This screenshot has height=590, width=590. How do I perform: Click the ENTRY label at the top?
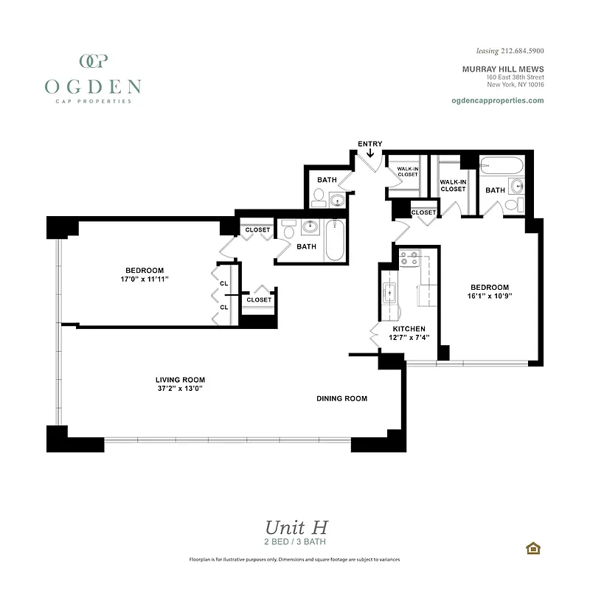369,143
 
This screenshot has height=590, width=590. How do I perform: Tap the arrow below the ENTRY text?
369,154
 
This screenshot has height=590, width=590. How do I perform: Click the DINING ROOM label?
341,398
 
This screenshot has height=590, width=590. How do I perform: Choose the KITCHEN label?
409,328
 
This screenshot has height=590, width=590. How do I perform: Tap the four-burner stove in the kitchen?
409,259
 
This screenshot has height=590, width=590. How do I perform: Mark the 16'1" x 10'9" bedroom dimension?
490,296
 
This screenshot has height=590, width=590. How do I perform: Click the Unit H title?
296,527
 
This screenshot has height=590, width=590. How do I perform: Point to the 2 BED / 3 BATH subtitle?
296,541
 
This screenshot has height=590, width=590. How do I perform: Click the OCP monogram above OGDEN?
94,62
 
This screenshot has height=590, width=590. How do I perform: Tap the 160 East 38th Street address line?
515,77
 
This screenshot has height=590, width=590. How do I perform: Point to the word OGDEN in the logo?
93,86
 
